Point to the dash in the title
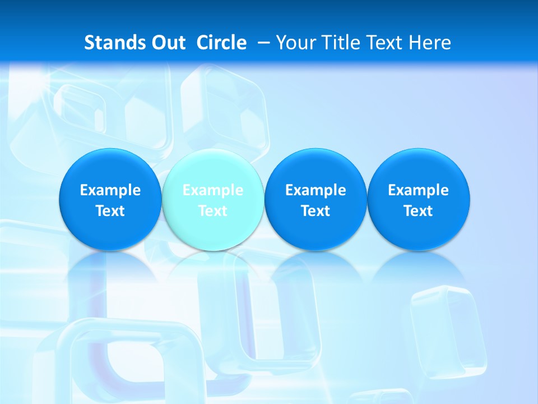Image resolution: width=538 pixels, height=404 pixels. tap(263, 43)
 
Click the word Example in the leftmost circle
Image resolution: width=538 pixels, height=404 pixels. tap(110, 190)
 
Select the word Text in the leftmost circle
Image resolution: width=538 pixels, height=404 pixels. tap(110, 211)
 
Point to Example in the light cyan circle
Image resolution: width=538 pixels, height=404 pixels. tap(212, 190)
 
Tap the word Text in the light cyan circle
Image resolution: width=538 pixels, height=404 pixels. tap(212, 211)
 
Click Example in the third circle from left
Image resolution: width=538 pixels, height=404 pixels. tap(316, 190)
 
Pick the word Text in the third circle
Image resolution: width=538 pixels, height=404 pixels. tap(316, 211)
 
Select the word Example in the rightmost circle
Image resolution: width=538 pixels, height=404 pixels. tap(418, 190)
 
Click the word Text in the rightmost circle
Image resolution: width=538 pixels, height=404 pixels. tap(418, 211)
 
